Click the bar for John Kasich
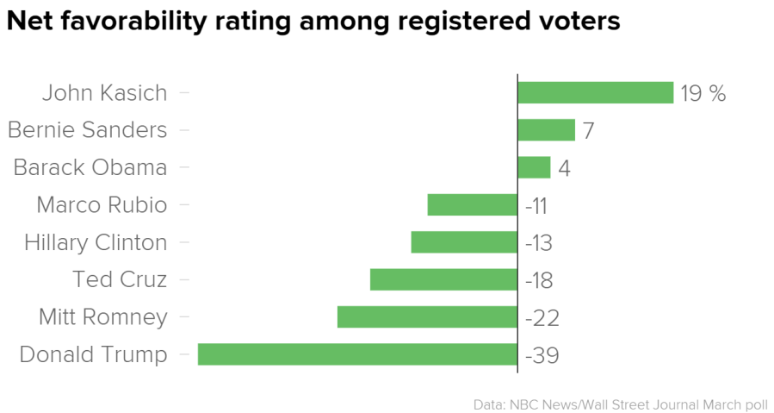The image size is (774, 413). (595, 92)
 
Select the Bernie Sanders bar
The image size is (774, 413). (546, 130)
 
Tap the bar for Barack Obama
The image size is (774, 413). (534, 167)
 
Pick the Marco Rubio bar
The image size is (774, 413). (472, 205)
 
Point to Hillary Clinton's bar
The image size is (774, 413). (464, 242)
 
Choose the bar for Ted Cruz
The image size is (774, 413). (443, 279)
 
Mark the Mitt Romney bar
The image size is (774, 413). (427, 317)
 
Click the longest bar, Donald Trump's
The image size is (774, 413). (357, 354)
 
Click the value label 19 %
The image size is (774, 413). (703, 93)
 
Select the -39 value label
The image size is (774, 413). (542, 355)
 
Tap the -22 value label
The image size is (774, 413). (542, 318)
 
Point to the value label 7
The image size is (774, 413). (588, 131)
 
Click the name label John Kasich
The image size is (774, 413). (104, 92)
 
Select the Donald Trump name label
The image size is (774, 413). (93, 354)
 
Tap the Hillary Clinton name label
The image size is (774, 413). (96, 242)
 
